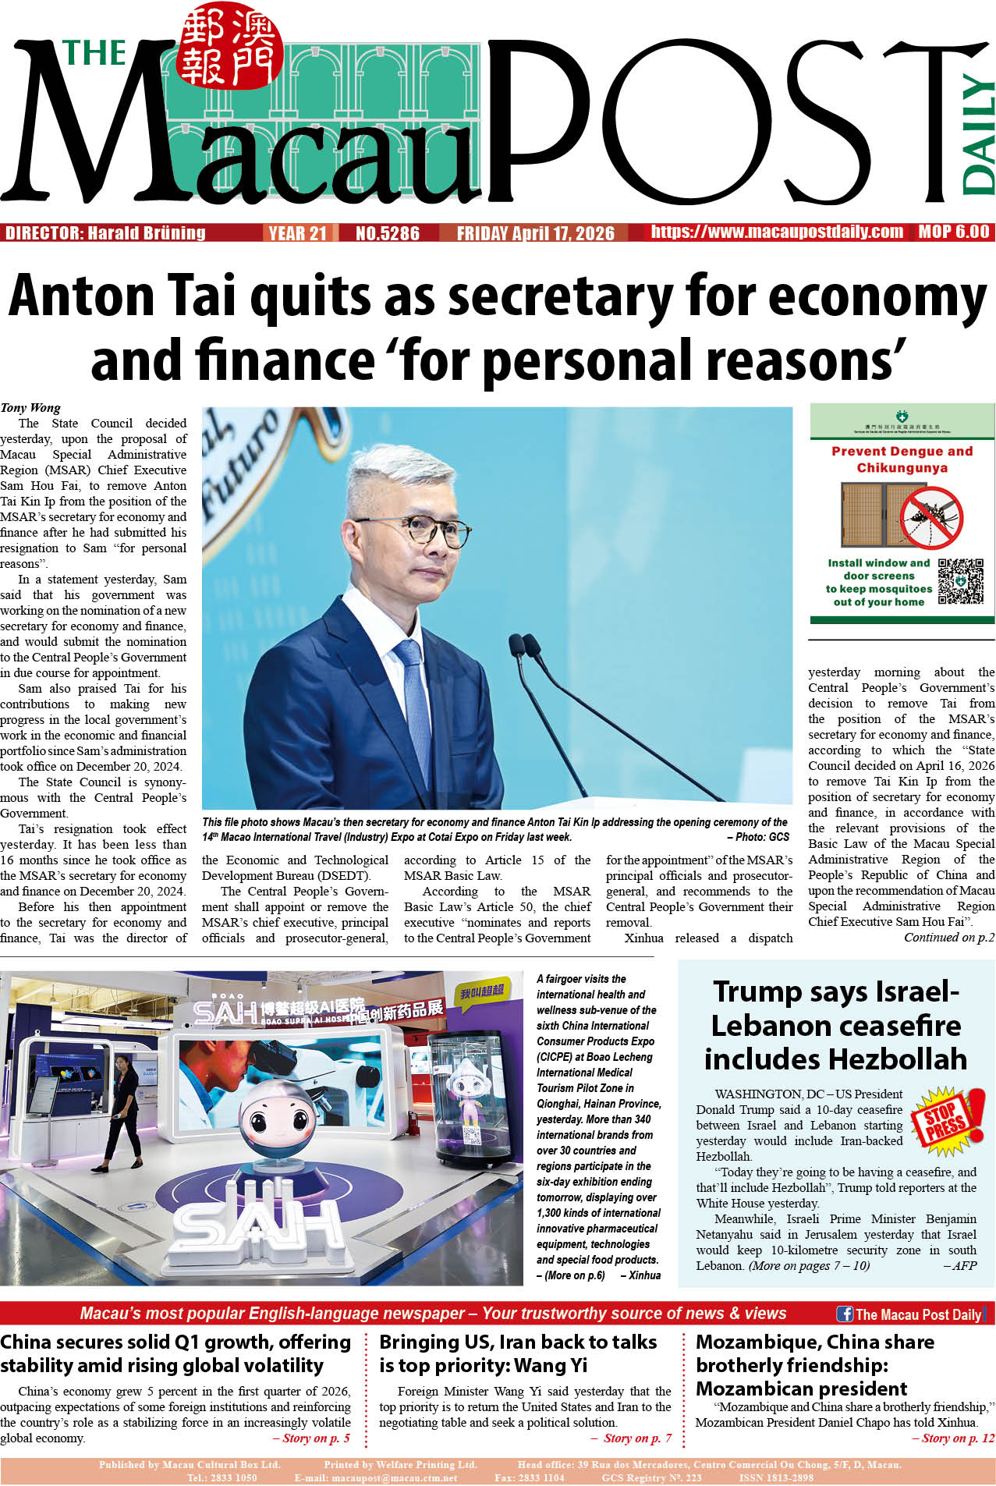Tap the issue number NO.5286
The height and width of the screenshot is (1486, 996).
pyautogui.click(x=387, y=233)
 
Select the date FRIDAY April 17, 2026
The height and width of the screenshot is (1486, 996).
pyautogui.click(x=535, y=233)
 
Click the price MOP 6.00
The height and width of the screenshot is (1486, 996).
pyautogui.click(x=953, y=232)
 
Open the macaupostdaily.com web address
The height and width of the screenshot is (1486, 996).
pyautogui.click(x=777, y=232)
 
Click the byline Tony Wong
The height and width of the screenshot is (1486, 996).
pyautogui.click(x=30, y=407)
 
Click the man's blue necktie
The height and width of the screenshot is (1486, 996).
pyautogui.click(x=413, y=686)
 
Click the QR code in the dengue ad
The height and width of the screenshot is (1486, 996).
pyautogui.click(x=959, y=581)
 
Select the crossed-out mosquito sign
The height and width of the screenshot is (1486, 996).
pyautogui.click(x=930, y=517)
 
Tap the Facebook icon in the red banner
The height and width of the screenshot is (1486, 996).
pyautogui.click(x=844, y=1314)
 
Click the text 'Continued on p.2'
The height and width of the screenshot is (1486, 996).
pyautogui.click(x=948, y=938)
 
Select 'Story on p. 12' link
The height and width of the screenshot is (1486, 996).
pyautogui.click(x=953, y=1438)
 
